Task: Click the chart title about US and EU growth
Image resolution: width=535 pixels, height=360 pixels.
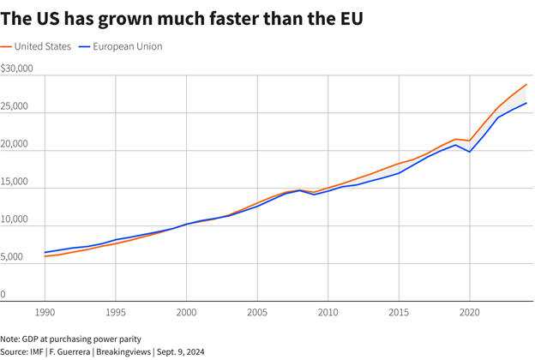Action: coord(182,18)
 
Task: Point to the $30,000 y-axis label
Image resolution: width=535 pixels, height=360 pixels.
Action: coord(17,68)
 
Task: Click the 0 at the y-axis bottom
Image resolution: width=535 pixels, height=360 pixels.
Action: coord(4,294)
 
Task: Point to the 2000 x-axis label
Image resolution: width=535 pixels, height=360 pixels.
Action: coord(186,314)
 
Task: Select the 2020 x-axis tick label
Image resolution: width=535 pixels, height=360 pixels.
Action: coord(469,314)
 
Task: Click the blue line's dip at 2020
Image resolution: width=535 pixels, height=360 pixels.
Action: coord(470,152)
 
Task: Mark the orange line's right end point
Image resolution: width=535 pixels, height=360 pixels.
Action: coord(526,85)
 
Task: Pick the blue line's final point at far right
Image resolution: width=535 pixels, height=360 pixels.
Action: coord(526,103)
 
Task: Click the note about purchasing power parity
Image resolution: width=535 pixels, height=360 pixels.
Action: coord(70,339)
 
